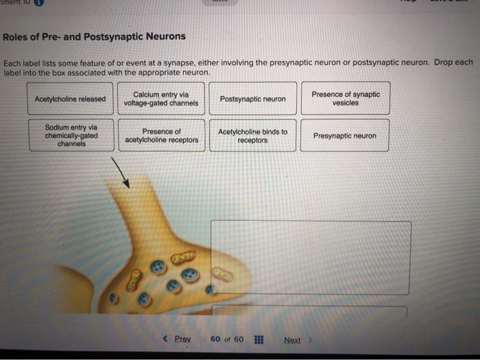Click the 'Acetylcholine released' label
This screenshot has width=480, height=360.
pos(71,99)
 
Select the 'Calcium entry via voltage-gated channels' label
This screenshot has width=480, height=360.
pos(161,99)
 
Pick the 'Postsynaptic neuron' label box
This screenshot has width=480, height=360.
pos(253,99)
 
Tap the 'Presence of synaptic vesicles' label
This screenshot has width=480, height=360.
pos(346,99)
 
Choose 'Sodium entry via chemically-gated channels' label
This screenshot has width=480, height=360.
pos(71,136)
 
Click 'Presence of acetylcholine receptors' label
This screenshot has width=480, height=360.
pos(162,136)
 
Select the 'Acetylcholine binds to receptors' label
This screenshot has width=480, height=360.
pos(252,136)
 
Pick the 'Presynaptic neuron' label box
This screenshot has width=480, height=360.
pos(345,136)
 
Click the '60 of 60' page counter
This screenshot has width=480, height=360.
pos(227,339)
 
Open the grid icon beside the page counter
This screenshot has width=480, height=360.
pos(259,339)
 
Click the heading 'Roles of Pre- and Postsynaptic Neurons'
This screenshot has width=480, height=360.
pos(95,36)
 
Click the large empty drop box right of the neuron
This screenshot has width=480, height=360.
pos(311,257)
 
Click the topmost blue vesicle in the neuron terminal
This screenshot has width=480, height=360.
pos(158,267)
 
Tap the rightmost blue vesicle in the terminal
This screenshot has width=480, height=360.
pos(190,274)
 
